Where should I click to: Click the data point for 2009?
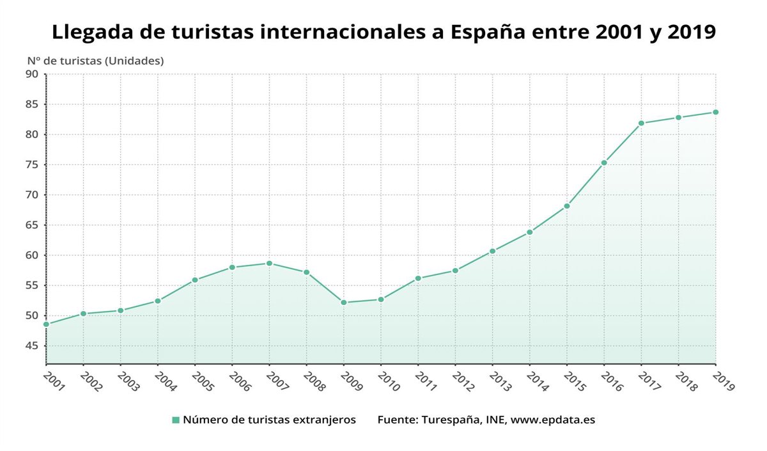344,303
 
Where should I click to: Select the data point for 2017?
641,123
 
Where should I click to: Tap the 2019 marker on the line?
716,112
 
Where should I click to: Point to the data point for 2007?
269,264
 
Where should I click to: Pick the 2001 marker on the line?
46,324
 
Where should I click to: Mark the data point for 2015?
567,206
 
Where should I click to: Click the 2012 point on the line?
455,271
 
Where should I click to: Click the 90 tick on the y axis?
32,74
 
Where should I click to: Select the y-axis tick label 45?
32,346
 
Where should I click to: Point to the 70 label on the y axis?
32,195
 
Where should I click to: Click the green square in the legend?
176,420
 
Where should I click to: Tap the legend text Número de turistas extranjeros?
269,420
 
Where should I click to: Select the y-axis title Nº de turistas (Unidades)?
95,61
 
